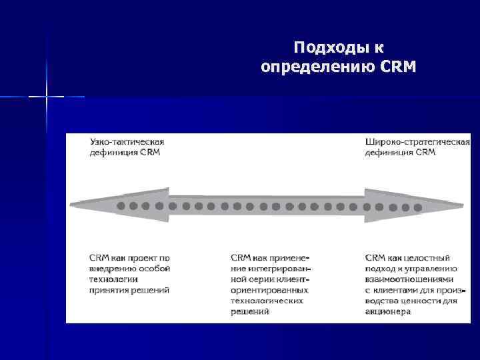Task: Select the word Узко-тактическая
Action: (127, 141)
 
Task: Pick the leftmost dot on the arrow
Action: (121, 206)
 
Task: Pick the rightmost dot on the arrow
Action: (418, 207)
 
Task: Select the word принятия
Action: (111, 290)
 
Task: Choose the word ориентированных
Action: (269, 290)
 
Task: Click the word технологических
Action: (266, 301)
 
